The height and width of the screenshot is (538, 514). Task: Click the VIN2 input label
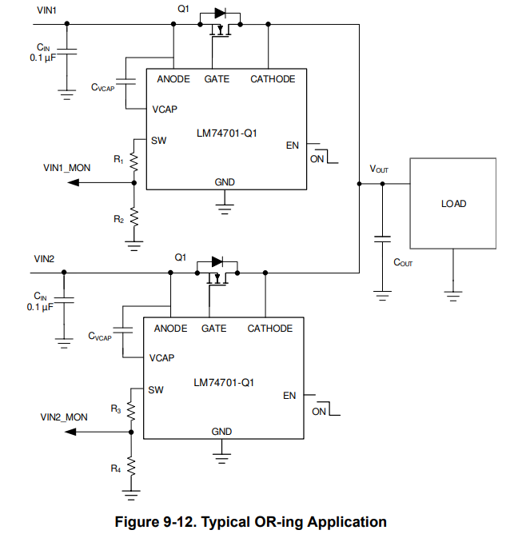click(x=46, y=260)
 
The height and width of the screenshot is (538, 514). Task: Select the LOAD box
click(x=453, y=204)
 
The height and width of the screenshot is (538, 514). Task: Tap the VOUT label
click(x=379, y=169)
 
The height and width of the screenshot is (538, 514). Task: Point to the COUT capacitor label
click(x=403, y=263)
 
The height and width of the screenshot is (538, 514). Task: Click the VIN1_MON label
click(x=66, y=168)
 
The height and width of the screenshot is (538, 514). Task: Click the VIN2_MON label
click(x=64, y=416)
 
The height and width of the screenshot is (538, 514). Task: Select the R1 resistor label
click(x=118, y=160)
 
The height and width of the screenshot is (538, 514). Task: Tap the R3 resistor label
click(x=116, y=408)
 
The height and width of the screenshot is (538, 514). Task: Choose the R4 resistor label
click(x=116, y=468)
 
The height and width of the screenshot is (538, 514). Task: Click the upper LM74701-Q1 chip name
click(x=227, y=133)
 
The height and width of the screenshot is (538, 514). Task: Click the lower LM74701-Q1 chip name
click(x=224, y=382)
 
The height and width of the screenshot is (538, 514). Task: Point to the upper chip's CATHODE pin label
click(x=273, y=79)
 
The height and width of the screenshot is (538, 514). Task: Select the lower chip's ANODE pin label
click(x=170, y=329)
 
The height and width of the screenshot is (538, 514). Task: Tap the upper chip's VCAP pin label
click(x=165, y=109)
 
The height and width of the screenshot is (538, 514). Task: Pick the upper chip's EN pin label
click(x=292, y=145)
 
